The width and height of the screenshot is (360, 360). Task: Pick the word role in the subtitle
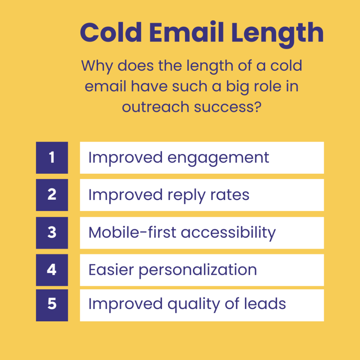[x=268, y=86]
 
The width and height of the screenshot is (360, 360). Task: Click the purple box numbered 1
[x=52, y=157]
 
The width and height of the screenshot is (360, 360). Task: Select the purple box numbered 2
[x=52, y=195]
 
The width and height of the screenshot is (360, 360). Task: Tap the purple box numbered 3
[x=52, y=232]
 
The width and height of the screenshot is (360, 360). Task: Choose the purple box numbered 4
[x=52, y=270]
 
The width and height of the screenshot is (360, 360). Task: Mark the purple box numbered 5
[x=52, y=304]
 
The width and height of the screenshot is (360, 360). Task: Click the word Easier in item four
[x=111, y=270]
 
